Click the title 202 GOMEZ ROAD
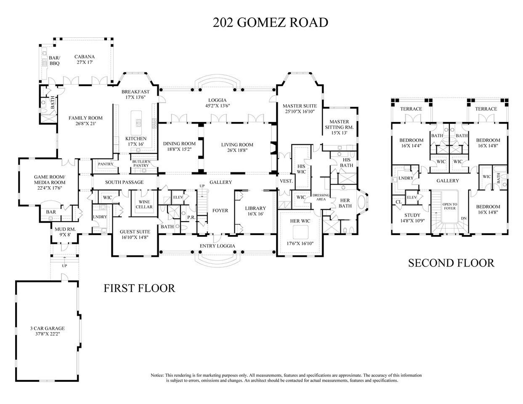[x=270, y=22]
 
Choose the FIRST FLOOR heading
[x=139, y=288]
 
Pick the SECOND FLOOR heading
[x=451, y=263]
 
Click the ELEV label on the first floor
[x=178, y=197]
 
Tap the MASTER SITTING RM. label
[x=339, y=124]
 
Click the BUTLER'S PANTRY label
[x=141, y=163]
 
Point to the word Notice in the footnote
[x=157, y=375]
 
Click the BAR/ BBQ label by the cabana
[x=55, y=61]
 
